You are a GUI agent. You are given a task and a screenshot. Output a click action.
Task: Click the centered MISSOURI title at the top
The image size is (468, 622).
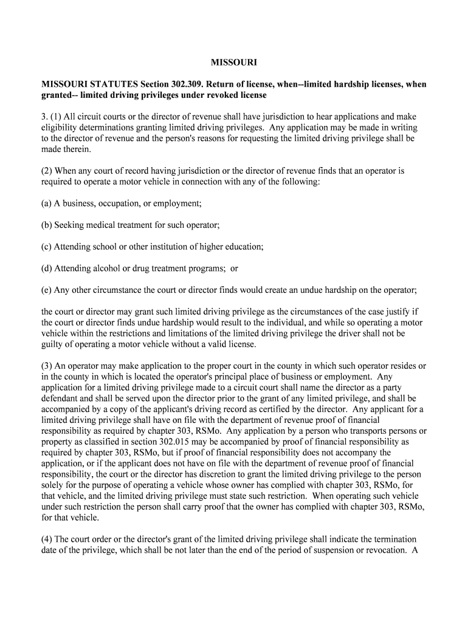coord(233,63)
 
